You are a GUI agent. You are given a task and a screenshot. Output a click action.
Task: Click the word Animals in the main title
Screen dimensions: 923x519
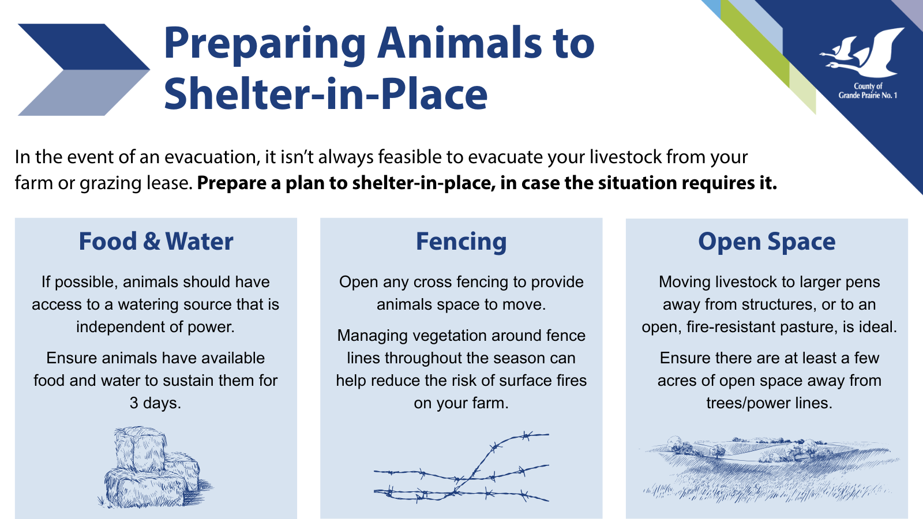pyautogui.click(x=459, y=43)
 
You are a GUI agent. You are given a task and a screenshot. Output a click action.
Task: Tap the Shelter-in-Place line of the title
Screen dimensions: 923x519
pyautogui.click(x=326, y=94)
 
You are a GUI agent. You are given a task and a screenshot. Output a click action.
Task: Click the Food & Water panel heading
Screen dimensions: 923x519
pyautogui.click(x=156, y=241)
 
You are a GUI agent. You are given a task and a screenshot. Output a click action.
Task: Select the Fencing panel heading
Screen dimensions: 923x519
pyautogui.click(x=461, y=242)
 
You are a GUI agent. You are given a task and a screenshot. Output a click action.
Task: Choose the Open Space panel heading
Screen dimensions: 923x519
pyautogui.click(x=767, y=242)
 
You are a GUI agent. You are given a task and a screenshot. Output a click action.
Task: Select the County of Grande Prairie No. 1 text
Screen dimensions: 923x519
pyautogui.click(x=868, y=91)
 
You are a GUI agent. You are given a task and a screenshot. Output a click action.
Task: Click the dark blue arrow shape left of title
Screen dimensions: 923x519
pyautogui.click(x=84, y=47)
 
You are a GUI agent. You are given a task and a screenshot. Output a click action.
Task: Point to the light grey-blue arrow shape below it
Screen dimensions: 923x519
pyautogui.click(x=84, y=93)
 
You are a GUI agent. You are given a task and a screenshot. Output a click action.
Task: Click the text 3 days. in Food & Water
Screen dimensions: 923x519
pyautogui.click(x=155, y=403)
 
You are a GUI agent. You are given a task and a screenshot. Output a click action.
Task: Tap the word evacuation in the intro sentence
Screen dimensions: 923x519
pyautogui.click(x=212, y=157)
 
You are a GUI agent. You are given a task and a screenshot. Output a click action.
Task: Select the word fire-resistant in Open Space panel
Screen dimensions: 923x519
pyautogui.click(x=729, y=327)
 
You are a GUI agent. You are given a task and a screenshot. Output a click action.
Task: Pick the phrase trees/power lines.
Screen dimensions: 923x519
pyautogui.click(x=770, y=403)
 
